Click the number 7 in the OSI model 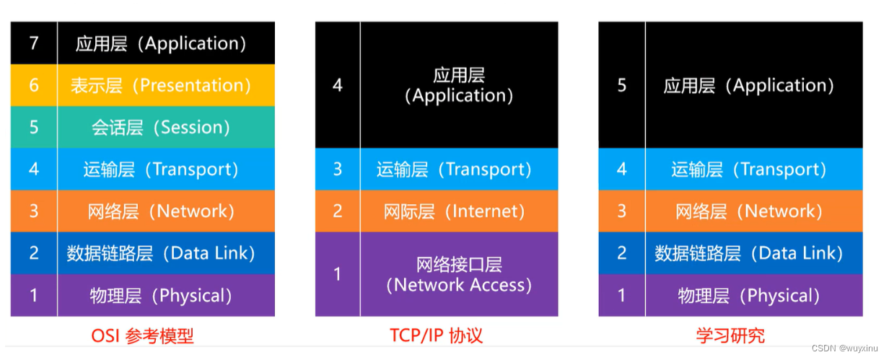(x=34, y=43)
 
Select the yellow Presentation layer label (x=161, y=85)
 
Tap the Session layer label (x=161, y=127)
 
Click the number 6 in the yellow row (x=34, y=85)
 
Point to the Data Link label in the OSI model (x=161, y=253)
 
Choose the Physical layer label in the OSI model (x=161, y=295)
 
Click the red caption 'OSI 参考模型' (x=142, y=335)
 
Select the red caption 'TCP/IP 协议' (x=436, y=335)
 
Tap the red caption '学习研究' (x=730, y=335)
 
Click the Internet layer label (x=455, y=211)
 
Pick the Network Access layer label (x=459, y=274)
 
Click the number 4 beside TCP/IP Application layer (x=338, y=85)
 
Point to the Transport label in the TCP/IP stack (x=455, y=170)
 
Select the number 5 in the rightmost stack (x=622, y=85)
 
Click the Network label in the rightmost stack (x=749, y=211)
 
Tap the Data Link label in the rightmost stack (x=749, y=253)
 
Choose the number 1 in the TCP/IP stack (x=338, y=274)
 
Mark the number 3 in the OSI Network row (x=34, y=211)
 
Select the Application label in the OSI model (x=161, y=43)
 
